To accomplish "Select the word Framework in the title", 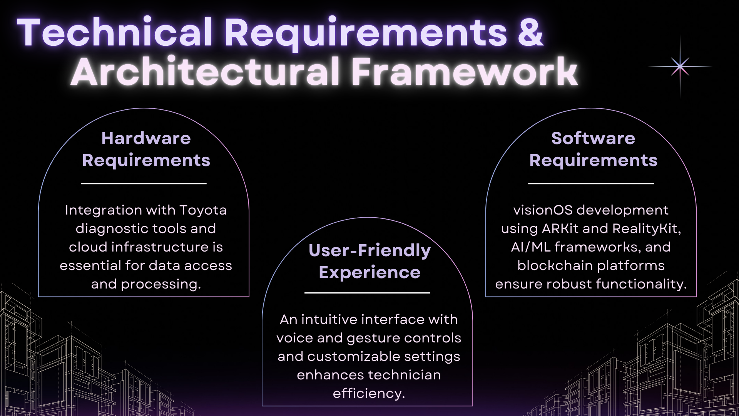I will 464,72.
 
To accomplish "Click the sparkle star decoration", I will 680,67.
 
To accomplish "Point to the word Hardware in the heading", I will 146,138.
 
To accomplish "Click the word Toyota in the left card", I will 203,210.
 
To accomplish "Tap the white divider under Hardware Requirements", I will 144,184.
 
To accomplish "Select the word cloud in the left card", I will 88,247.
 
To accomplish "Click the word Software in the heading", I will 593,138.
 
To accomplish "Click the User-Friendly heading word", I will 369,250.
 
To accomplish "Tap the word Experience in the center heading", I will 369,273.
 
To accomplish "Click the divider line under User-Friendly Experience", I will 367,293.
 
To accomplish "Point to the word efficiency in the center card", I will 368,394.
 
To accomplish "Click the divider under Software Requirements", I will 591,184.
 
